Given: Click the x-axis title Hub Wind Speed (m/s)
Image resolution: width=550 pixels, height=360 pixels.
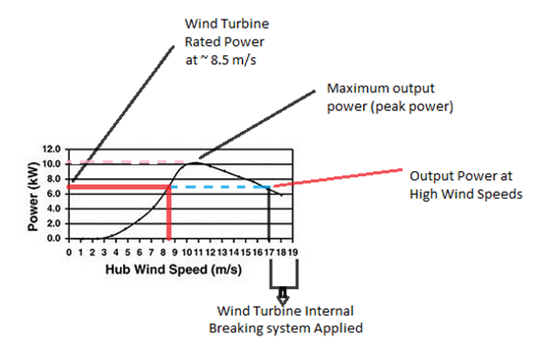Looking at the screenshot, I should pyautogui.click(x=180, y=268).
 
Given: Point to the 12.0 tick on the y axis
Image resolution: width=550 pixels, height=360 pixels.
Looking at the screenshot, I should pyautogui.click(x=50, y=149).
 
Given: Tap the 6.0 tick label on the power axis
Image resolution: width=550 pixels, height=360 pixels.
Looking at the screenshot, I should pyautogui.click(x=53, y=194).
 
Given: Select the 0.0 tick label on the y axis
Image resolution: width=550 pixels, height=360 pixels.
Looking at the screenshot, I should pyautogui.click(x=53, y=238).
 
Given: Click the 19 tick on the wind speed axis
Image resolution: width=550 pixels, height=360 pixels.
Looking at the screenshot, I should pyautogui.click(x=292, y=251).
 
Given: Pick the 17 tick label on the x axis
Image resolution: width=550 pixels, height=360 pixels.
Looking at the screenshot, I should pyautogui.click(x=269, y=251).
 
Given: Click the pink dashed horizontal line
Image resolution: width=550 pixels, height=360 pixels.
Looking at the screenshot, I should pyautogui.click(x=128, y=162).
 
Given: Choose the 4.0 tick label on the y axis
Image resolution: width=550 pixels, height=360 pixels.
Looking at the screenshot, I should pyautogui.click(x=53, y=209).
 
